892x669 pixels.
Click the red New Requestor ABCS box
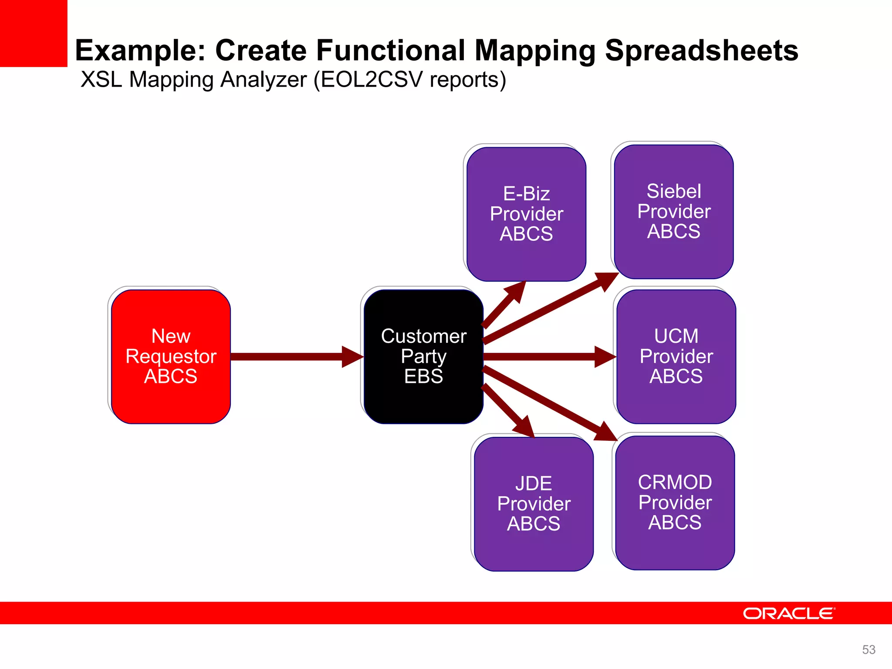(171, 356)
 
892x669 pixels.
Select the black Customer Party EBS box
(423, 356)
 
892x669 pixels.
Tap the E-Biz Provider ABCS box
(526, 214)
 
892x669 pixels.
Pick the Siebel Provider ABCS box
(674, 211)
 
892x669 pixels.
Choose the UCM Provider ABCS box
(676, 356)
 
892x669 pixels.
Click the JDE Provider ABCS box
(534, 504)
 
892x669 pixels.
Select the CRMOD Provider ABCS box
(675, 502)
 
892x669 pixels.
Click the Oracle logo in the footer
(789, 614)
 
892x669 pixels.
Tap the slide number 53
(868, 649)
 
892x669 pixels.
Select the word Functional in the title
(391, 51)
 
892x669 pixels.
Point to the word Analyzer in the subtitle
(264, 80)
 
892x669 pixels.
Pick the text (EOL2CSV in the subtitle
(368, 80)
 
